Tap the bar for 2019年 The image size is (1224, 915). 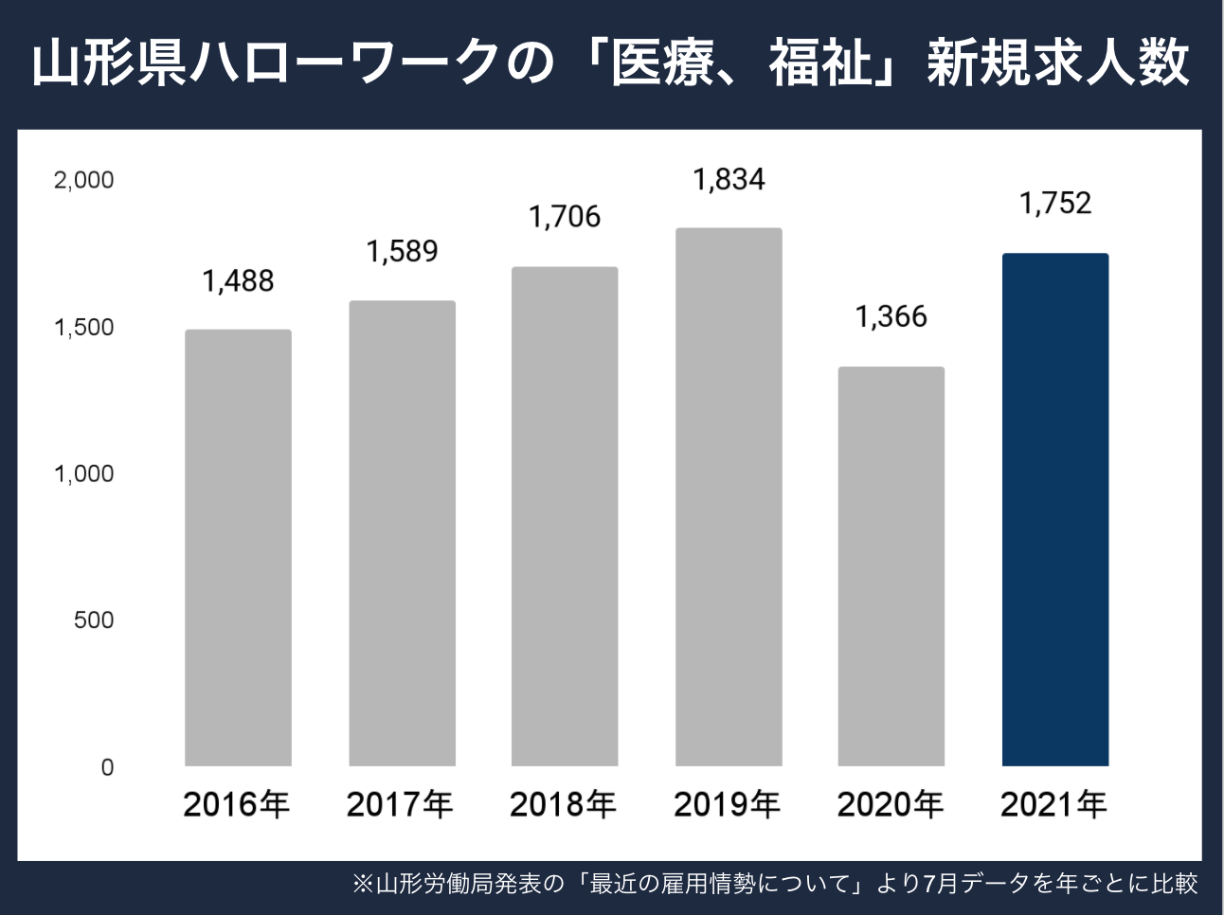(729, 497)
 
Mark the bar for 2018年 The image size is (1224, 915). (565, 516)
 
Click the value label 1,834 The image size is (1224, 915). (729, 179)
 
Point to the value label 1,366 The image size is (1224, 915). (891, 316)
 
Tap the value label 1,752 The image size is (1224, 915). (1055, 203)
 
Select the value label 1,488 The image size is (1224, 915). (238, 280)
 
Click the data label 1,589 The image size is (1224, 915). (402, 251)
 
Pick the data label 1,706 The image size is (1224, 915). (565, 217)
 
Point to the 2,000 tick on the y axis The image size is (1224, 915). (83, 180)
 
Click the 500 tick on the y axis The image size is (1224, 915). (93, 620)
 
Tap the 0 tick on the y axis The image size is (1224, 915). (107, 767)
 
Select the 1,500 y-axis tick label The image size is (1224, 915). (83, 328)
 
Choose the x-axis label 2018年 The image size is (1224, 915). (563, 805)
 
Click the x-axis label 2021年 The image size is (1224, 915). (1053, 805)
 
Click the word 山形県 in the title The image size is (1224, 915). (110, 63)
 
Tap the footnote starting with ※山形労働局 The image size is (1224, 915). (775, 884)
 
